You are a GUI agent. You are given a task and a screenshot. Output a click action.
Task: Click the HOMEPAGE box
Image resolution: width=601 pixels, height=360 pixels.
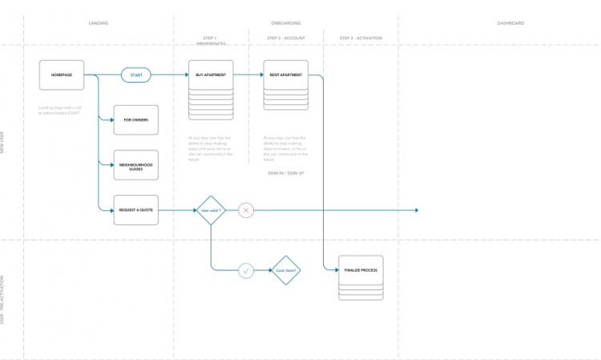click(62, 75)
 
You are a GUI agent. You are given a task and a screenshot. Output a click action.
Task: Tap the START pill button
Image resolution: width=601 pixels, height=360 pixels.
click(136, 75)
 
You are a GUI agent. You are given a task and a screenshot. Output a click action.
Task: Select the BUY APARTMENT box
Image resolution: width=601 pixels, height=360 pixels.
click(211, 75)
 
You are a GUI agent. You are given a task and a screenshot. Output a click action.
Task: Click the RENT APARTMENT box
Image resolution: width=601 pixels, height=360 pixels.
click(285, 75)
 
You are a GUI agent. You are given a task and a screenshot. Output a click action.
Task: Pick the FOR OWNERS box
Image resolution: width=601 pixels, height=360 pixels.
click(136, 120)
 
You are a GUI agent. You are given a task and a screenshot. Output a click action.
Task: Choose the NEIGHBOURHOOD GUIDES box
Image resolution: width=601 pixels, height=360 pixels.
click(136, 164)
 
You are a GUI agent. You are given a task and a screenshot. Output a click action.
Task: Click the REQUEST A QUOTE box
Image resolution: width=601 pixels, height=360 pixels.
click(136, 210)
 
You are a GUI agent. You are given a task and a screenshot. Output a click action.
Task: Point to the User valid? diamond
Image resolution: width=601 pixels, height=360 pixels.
click(211, 211)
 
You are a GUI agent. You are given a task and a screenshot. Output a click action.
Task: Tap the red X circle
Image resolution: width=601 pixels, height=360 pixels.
click(246, 211)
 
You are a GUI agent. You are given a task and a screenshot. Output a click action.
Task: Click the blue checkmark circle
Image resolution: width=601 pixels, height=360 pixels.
click(246, 271)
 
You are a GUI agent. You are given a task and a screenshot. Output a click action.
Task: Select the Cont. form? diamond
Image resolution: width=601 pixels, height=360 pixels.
click(286, 271)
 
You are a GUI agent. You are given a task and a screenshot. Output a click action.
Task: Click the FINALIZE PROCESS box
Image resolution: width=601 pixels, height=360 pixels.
click(361, 271)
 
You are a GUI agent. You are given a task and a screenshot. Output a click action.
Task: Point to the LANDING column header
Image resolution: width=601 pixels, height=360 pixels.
click(99, 23)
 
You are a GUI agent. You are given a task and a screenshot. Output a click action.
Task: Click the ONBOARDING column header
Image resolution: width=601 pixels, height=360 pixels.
click(285, 23)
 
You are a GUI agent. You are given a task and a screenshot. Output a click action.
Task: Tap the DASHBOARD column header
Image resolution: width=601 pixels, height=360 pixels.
click(510, 23)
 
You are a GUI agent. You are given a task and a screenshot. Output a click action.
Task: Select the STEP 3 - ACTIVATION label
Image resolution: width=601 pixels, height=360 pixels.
click(361, 38)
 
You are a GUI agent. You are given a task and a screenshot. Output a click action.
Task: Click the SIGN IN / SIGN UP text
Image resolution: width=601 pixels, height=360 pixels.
click(285, 173)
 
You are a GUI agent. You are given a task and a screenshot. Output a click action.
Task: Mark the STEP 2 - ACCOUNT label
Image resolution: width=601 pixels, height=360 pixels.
click(285, 38)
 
